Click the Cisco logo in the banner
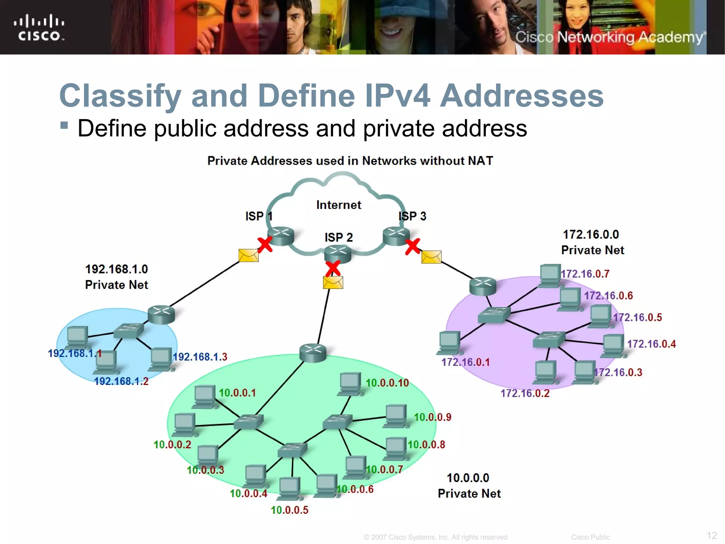[39, 28]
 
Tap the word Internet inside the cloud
[338, 205]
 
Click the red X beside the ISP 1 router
[264, 244]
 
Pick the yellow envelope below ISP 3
[431, 257]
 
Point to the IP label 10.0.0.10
[387, 383]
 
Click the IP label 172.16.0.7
[585, 274]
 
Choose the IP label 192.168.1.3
[200, 357]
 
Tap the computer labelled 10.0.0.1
[205, 396]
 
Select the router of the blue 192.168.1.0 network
[161, 314]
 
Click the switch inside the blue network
[129, 330]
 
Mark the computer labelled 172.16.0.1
[449, 342]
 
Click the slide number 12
[712, 535]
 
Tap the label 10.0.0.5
[290, 510]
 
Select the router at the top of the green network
[313, 352]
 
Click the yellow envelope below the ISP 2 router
[333, 283]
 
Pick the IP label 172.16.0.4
[651, 344]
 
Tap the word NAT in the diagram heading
[480, 161]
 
